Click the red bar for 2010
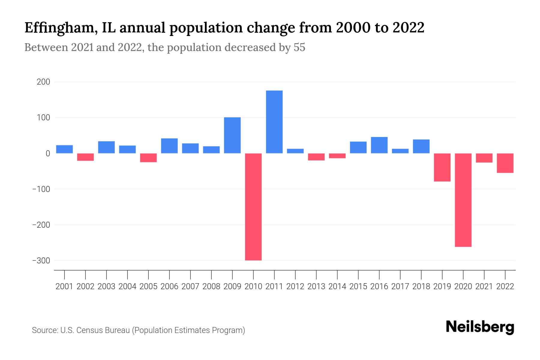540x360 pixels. click(253, 207)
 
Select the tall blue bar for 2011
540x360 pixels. click(274, 122)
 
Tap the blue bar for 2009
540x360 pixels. click(232, 135)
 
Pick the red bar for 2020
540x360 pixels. click(463, 200)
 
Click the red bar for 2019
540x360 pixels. click(442, 167)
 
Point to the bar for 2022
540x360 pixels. click(505, 163)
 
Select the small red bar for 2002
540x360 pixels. click(85, 157)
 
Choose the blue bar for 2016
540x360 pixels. click(379, 145)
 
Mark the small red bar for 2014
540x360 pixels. click(337, 156)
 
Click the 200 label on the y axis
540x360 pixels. click(43, 82)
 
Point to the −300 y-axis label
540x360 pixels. click(41, 261)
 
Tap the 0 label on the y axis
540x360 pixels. click(48, 154)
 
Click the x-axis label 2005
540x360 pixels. click(148, 286)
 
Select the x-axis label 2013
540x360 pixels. click(316, 286)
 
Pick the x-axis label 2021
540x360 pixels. click(484, 286)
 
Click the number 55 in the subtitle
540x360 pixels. click(299, 47)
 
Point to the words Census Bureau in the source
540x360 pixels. click(103, 330)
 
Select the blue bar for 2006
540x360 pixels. click(169, 146)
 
